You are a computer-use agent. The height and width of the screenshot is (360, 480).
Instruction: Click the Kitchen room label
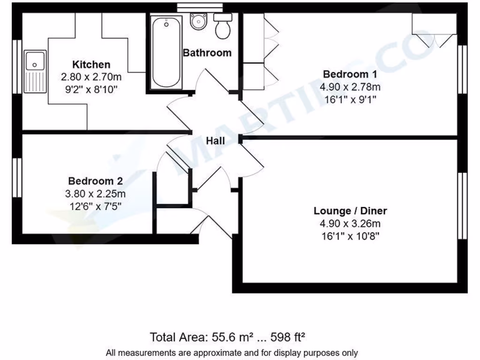click(91, 65)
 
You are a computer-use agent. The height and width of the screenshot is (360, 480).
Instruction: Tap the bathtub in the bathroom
click(166, 52)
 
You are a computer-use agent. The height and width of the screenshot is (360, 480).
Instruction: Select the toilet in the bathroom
click(222, 26)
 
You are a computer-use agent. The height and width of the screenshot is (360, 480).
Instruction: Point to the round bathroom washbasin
click(199, 21)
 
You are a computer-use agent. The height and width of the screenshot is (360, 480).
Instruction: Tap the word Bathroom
click(207, 52)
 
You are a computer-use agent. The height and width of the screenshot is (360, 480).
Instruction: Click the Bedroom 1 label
click(350, 74)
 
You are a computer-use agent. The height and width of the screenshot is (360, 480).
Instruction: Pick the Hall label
click(215, 141)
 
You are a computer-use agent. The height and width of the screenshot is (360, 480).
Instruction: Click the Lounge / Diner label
click(350, 211)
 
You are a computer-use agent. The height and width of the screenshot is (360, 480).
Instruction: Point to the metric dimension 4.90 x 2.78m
click(350, 87)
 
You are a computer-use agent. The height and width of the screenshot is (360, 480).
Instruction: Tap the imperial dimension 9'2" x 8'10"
click(91, 90)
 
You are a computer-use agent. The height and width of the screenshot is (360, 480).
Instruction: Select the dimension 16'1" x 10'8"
click(350, 236)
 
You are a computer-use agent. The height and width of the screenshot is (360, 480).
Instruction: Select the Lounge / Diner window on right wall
click(462, 206)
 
